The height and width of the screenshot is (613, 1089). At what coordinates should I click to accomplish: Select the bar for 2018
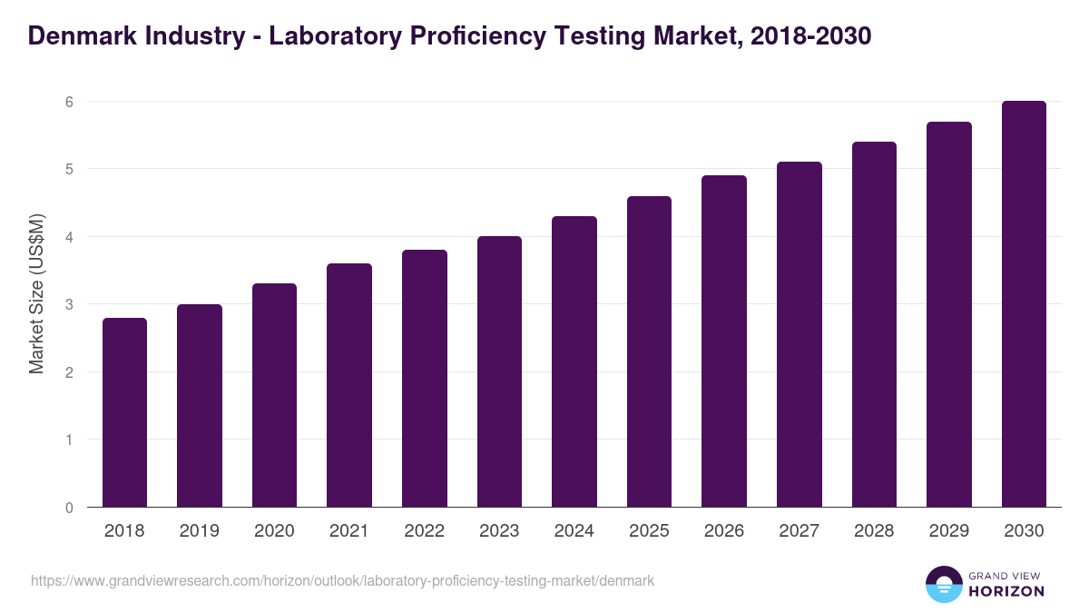[124, 412]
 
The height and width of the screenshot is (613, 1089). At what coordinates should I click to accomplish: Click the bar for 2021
[349, 385]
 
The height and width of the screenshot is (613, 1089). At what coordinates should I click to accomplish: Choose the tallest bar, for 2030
[1024, 304]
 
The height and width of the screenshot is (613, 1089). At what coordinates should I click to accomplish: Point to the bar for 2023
[499, 371]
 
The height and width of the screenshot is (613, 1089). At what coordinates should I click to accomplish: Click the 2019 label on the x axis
[200, 531]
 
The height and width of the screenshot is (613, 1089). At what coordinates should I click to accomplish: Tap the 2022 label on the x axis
[424, 531]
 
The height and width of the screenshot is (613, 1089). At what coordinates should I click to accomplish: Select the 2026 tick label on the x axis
[724, 531]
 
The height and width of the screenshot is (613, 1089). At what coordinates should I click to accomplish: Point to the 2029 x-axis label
[949, 531]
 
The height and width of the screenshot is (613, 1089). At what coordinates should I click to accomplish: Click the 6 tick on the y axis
[68, 102]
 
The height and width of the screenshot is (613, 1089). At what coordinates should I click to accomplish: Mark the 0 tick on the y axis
[68, 508]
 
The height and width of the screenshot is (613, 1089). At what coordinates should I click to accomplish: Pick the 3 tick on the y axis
[68, 304]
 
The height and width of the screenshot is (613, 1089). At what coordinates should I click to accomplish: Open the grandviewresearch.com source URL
[342, 580]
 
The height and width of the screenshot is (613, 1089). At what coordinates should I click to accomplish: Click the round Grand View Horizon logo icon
[943, 584]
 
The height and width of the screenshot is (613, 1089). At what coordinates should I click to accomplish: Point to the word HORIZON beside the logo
[1006, 591]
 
